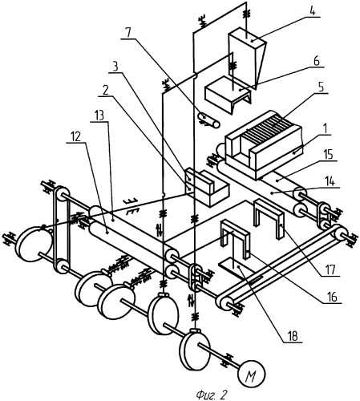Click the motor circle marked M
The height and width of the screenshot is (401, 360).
point(252,374)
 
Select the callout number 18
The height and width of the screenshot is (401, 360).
point(293,336)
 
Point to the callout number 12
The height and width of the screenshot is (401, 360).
point(75,137)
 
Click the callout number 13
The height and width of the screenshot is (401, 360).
point(99,115)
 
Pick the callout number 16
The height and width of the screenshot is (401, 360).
point(332,298)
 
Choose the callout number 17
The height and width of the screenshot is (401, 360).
point(330,269)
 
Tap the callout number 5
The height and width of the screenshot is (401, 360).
point(321,87)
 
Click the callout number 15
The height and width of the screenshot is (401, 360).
point(328,154)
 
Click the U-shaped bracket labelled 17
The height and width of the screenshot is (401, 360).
point(268,217)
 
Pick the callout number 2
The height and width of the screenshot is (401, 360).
point(106,91)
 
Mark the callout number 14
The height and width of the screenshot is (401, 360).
point(330,182)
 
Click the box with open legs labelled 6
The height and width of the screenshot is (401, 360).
point(228,94)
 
